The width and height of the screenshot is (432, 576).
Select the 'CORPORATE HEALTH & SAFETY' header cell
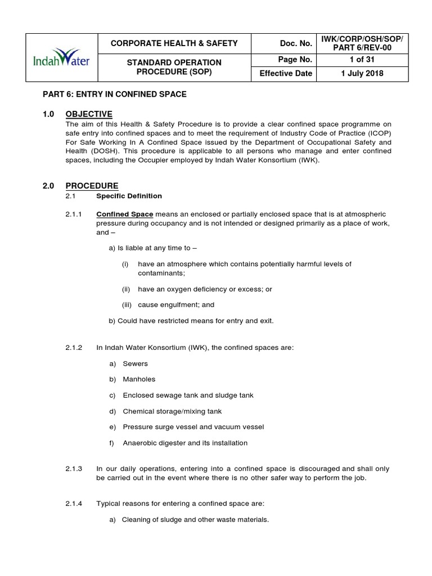pyautogui.click(x=174, y=43)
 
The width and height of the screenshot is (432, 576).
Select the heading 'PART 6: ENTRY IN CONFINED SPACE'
pyautogui.click(x=115, y=94)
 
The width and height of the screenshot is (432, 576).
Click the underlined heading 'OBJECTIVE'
pyautogui.click(x=89, y=114)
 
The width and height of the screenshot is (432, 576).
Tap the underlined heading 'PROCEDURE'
pyautogui.click(x=92, y=186)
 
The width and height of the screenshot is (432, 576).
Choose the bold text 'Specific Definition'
pyautogui.click(x=129, y=196)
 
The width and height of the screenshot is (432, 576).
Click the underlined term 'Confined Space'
pyautogui.click(x=125, y=214)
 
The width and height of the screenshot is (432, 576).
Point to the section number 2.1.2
pyautogui.click(x=74, y=348)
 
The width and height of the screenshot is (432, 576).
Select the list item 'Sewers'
pyautogui.click(x=135, y=364)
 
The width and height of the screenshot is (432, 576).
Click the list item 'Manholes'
pyautogui.click(x=139, y=380)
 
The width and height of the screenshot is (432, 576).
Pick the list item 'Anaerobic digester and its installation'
pyautogui.click(x=185, y=443)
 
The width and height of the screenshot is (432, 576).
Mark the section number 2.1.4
pyautogui.click(x=74, y=503)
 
